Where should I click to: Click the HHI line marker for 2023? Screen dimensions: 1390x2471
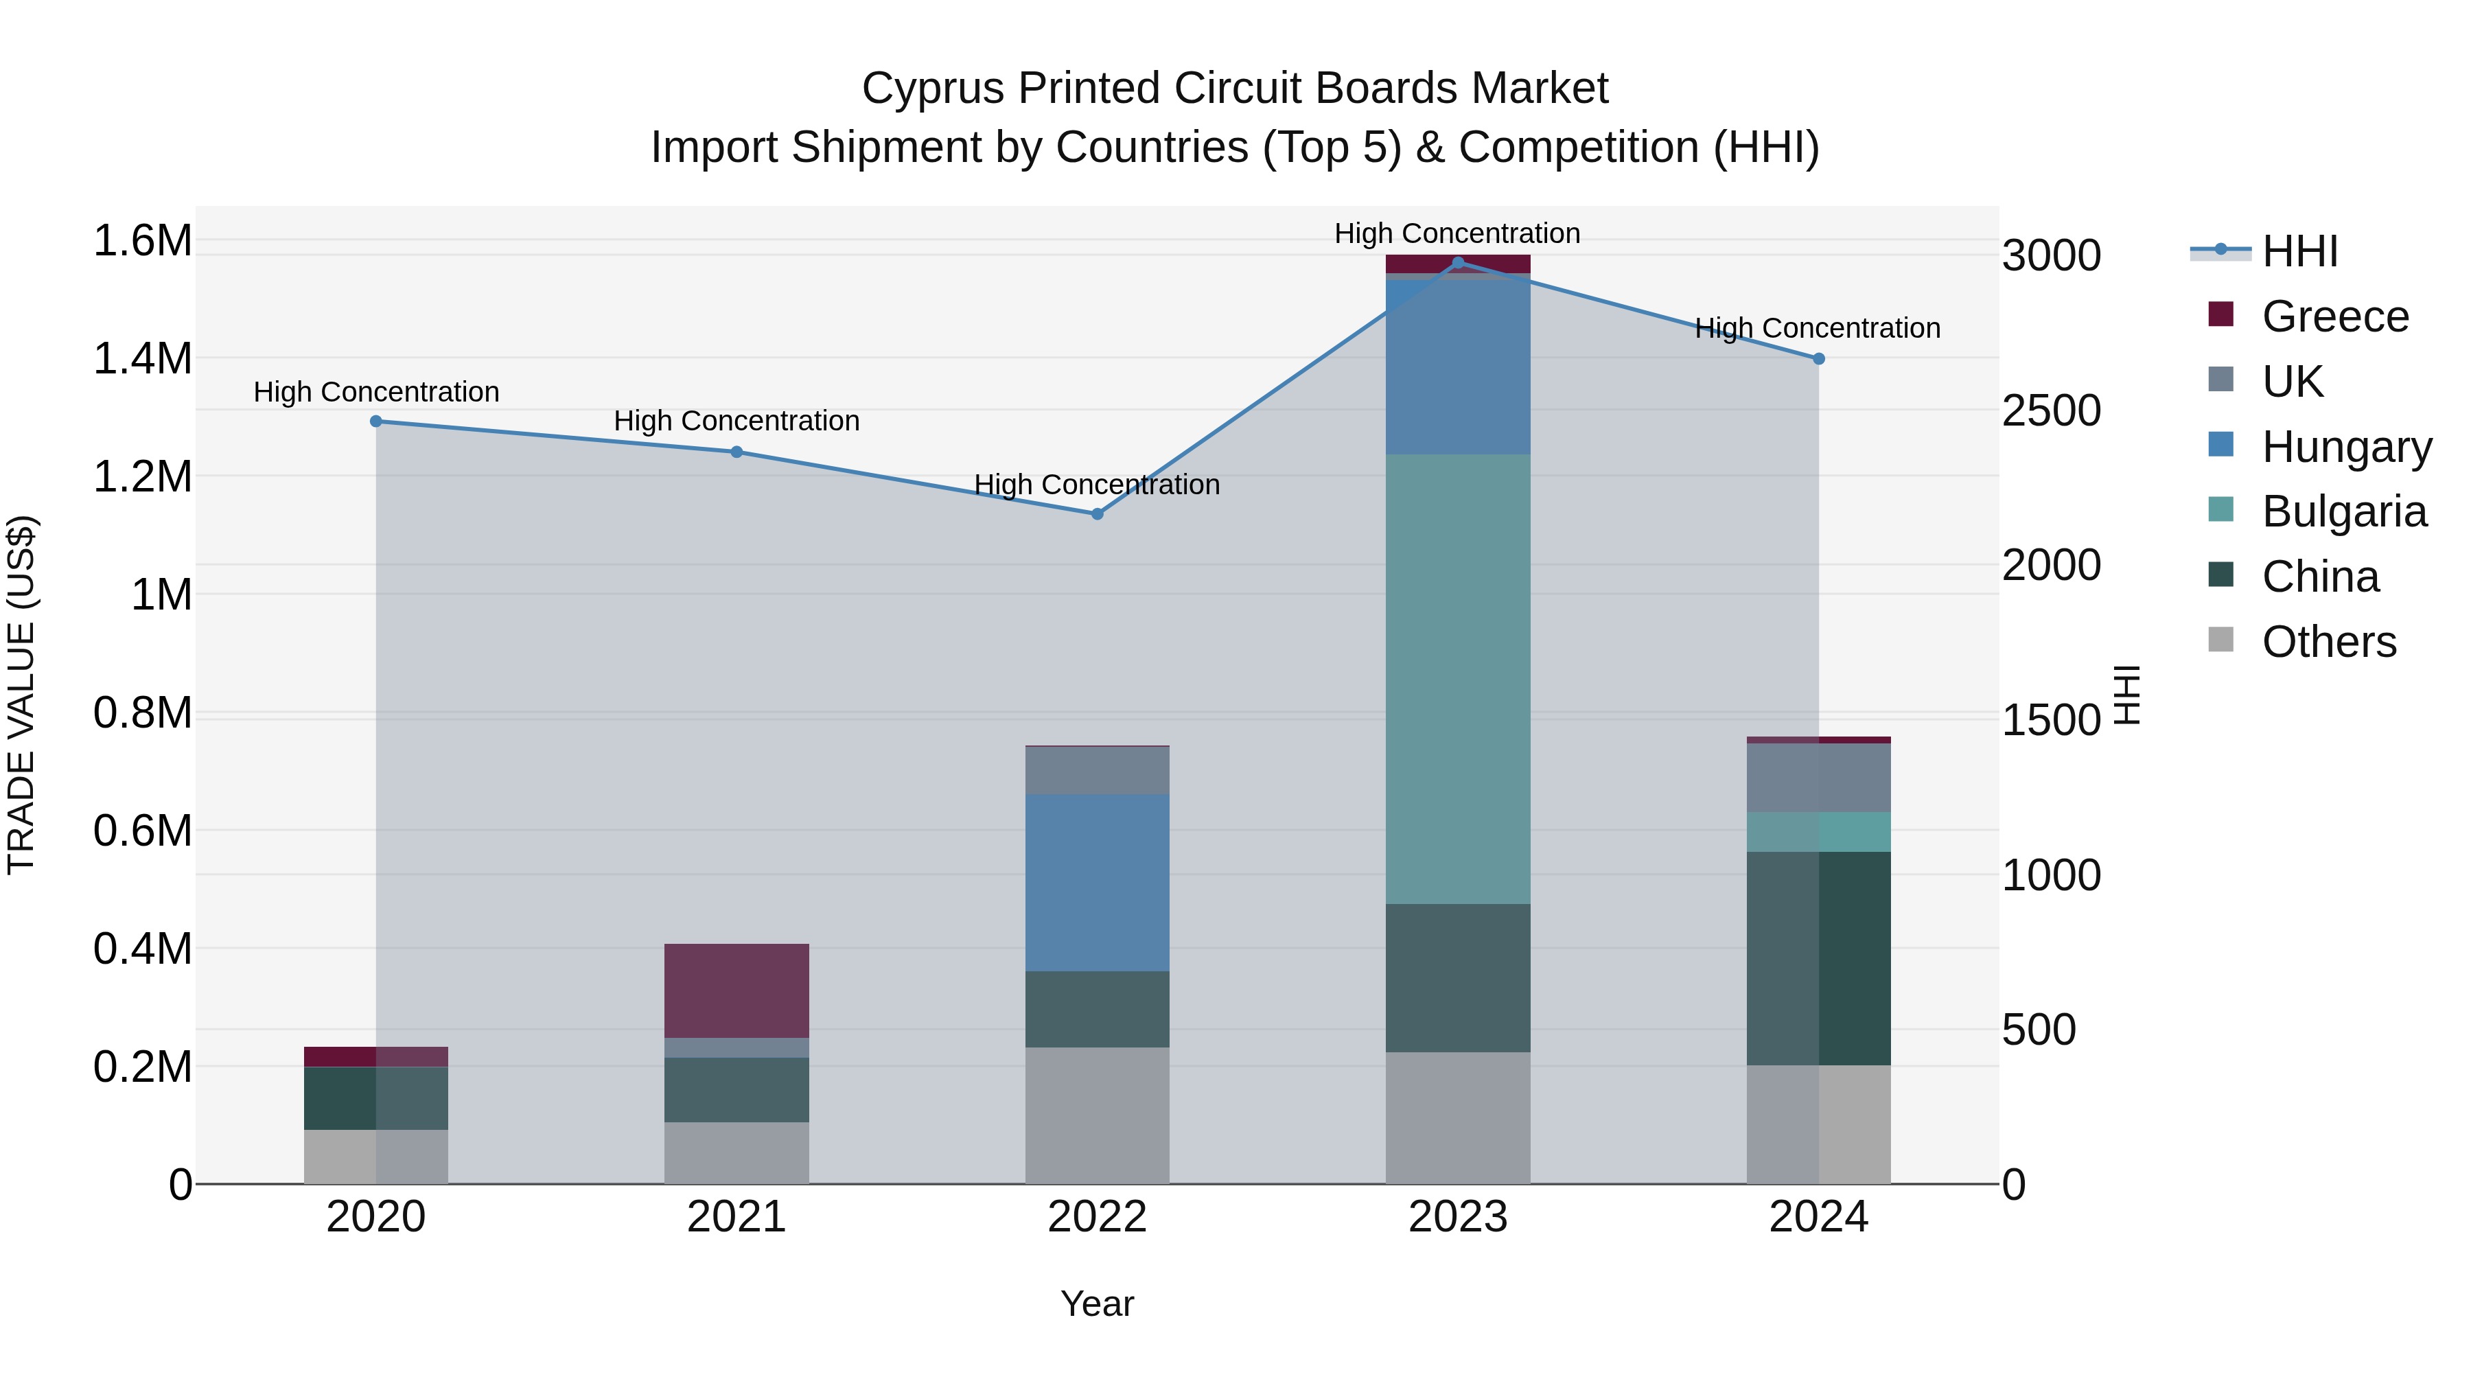pyautogui.click(x=1458, y=263)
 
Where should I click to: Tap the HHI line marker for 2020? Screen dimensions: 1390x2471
pyautogui.click(x=376, y=421)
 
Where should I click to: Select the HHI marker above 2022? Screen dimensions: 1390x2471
pyautogui.click(x=1098, y=514)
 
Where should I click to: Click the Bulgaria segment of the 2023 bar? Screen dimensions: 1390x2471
pyautogui.click(x=1458, y=679)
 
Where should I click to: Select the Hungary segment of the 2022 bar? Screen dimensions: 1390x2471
pyautogui.click(x=1098, y=883)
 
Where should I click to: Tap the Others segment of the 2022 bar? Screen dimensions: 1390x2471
pyautogui.click(x=1098, y=1115)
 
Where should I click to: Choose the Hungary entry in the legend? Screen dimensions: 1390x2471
pyautogui.click(x=2345, y=447)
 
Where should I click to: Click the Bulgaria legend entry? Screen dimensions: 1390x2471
pyautogui.click(x=2343, y=511)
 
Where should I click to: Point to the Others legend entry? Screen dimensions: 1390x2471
pyautogui.click(x=2328, y=642)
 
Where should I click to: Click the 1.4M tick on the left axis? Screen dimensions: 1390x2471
pyautogui.click(x=142, y=359)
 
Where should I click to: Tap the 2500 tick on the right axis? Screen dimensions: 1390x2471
pyautogui.click(x=2052, y=410)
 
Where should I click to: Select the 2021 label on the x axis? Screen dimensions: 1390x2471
pyautogui.click(x=736, y=1217)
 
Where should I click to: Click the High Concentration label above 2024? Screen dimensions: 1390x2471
pyautogui.click(x=1818, y=328)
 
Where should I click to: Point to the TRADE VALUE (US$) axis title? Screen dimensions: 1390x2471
pyautogui.click(x=21, y=695)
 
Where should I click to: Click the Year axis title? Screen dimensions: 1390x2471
pyautogui.click(x=1098, y=1304)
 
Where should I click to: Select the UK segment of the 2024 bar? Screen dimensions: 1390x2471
pyautogui.click(x=1819, y=777)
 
